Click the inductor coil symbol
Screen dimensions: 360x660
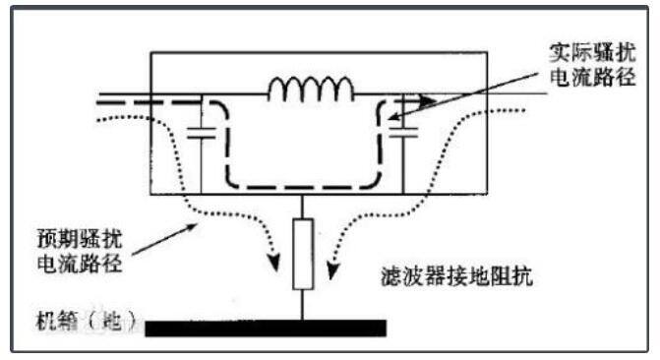pos(311,90)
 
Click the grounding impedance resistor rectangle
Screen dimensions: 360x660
pos(304,253)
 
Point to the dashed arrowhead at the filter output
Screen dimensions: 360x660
pos(426,99)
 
